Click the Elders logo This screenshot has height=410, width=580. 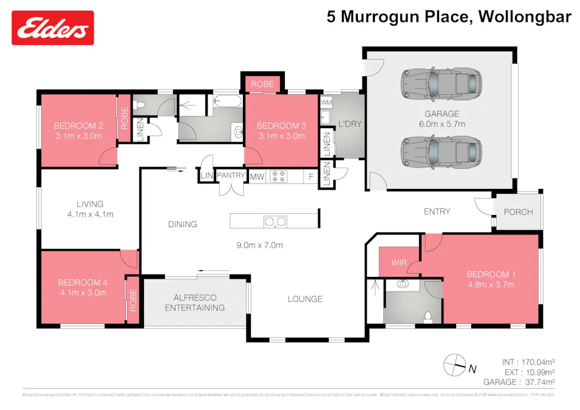[53, 27]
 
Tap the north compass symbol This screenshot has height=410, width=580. [452, 364]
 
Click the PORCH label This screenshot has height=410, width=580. [518, 212]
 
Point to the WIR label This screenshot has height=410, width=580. [398, 264]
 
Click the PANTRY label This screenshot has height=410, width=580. [230, 176]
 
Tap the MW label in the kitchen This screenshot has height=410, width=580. [257, 176]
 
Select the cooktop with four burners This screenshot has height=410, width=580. [278, 176]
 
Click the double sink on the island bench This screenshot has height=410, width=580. [275, 222]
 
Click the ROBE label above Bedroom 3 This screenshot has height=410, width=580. [262, 84]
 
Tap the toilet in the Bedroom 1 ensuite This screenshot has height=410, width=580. [429, 315]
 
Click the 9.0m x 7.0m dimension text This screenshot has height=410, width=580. [260, 245]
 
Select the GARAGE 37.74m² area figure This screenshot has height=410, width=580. [519, 382]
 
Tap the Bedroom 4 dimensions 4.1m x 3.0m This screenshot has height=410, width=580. [82, 292]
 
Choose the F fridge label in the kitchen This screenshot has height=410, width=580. [311, 176]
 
